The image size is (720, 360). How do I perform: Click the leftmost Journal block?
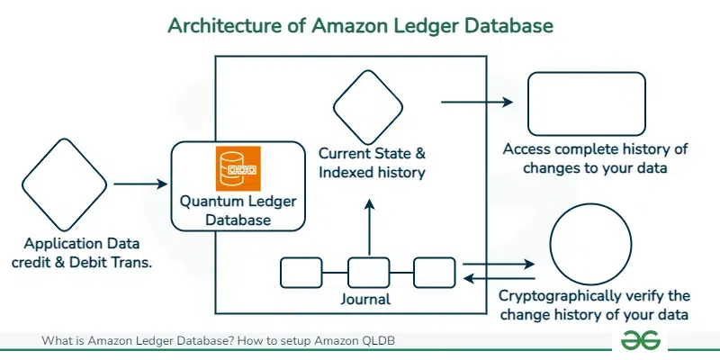point(301,271)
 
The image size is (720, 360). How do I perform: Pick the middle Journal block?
point(367,271)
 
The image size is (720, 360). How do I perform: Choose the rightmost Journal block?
point(434,271)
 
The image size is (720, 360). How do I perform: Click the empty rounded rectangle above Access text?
point(586,103)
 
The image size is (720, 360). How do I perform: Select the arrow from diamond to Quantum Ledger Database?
point(141,184)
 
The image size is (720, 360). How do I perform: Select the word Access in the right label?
point(525,149)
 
